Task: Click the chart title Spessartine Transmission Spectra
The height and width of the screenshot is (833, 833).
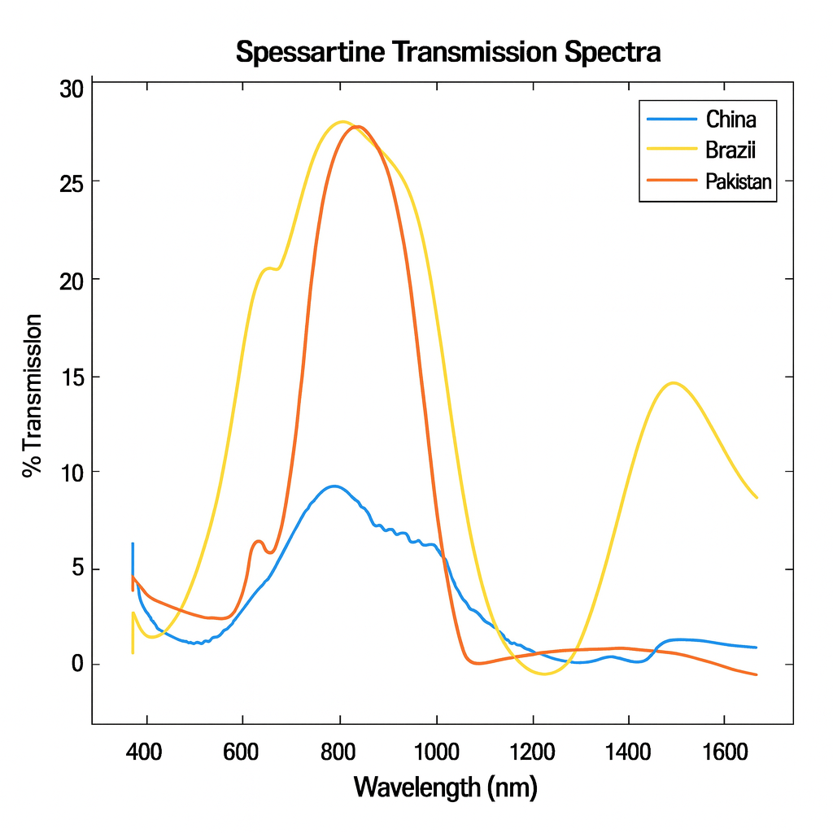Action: [448, 53]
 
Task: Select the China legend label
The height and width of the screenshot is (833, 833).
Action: [731, 120]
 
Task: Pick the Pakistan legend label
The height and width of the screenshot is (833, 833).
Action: [739, 182]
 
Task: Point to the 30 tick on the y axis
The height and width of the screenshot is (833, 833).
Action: [72, 89]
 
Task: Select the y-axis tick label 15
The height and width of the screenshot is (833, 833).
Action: [72, 377]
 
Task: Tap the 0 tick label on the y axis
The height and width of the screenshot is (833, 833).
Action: [77, 664]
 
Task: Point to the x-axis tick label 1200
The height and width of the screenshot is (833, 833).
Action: [534, 749]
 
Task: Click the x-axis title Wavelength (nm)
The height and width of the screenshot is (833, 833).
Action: [446, 787]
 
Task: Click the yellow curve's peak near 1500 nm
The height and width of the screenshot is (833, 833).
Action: [673, 382]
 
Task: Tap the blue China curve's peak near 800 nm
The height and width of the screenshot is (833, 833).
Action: [334, 486]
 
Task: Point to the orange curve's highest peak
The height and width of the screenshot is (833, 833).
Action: [357, 127]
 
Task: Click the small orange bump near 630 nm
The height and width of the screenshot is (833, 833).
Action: [259, 541]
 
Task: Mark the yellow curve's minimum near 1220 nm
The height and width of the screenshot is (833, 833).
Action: [543, 674]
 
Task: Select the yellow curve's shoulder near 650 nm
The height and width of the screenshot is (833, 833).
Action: [268, 268]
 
